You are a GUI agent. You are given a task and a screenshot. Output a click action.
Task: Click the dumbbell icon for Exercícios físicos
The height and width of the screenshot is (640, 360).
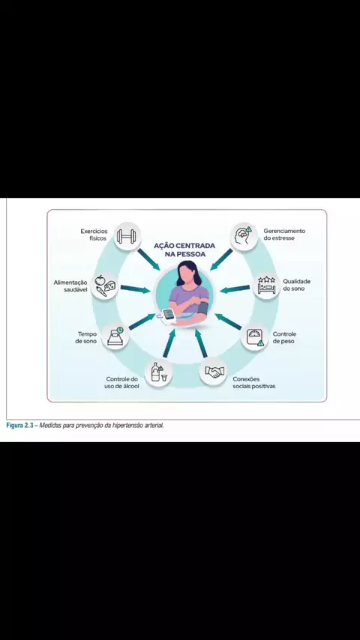(x=127, y=236)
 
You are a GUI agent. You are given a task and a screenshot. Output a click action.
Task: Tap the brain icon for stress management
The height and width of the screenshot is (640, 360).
(x=244, y=235)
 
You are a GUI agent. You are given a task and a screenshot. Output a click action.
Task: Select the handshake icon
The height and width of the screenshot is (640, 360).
(x=214, y=372)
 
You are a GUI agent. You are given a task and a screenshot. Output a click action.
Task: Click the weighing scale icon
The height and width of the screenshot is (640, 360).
(x=255, y=336)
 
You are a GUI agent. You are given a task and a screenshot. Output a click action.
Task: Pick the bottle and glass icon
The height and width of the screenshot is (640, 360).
(x=157, y=372)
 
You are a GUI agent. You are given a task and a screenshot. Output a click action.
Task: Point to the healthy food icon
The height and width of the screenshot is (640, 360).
(x=104, y=286)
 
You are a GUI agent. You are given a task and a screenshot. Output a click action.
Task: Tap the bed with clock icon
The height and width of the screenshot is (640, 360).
(x=115, y=336)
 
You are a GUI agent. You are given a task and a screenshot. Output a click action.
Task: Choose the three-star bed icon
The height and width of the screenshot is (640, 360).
(x=266, y=286)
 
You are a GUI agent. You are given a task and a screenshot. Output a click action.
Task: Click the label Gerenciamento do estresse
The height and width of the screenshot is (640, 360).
(x=284, y=235)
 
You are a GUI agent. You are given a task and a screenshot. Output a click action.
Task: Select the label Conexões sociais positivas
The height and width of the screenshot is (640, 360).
(x=253, y=382)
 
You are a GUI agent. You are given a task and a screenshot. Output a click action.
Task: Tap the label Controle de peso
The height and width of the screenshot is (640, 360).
(x=284, y=337)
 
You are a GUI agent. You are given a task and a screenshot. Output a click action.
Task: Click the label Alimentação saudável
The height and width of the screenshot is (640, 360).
(x=70, y=286)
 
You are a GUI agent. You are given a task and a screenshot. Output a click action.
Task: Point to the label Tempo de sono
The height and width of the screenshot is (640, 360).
(x=86, y=337)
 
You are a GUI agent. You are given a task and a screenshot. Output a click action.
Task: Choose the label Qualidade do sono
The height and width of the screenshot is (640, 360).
(x=297, y=285)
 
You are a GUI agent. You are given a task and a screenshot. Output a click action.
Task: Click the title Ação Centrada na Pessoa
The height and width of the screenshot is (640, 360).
(x=184, y=250)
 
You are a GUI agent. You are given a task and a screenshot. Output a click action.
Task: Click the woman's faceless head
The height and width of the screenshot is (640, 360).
(x=186, y=275)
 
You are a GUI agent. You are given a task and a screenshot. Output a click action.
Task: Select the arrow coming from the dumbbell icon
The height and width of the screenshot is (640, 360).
(x=148, y=259)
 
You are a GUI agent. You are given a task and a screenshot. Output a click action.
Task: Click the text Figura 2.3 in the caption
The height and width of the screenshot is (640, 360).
(x=20, y=426)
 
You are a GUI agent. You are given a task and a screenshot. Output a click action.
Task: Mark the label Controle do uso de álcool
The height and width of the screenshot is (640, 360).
(x=121, y=382)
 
